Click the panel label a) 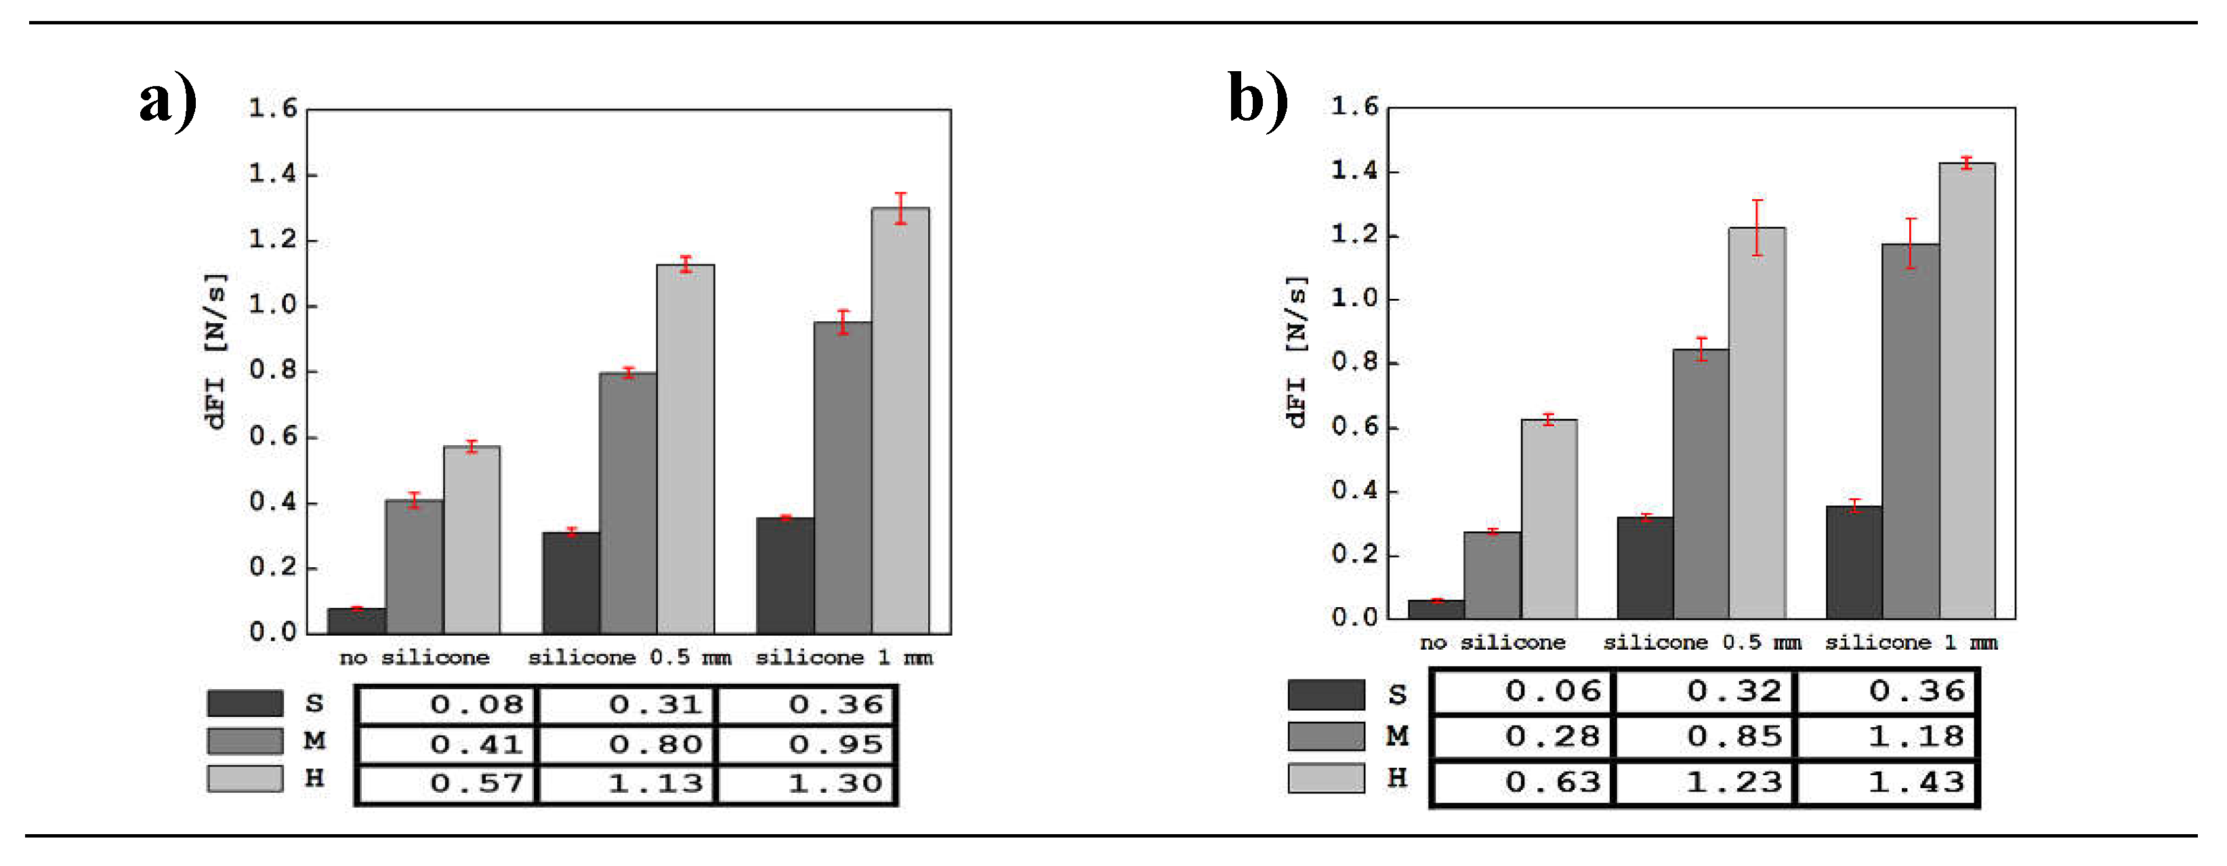(x=168, y=101)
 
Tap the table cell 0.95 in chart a (x=808, y=744)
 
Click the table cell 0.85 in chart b (x=1707, y=737)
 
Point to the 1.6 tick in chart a (x=272, y=109)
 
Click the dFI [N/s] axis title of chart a (x=215, y=350)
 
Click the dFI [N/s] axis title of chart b (x=1296, y=350)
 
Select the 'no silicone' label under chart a (x=414, y=659)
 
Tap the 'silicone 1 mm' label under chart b (x=1911, y=643)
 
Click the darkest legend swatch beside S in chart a (x=245, y=703)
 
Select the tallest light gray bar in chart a (x=900, y=424)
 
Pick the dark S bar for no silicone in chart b (x=1436, y=609)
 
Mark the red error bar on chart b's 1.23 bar (x=1757, y=227)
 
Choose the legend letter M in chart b (x=1397, y=737)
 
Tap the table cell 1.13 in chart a (x=627, y=784)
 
